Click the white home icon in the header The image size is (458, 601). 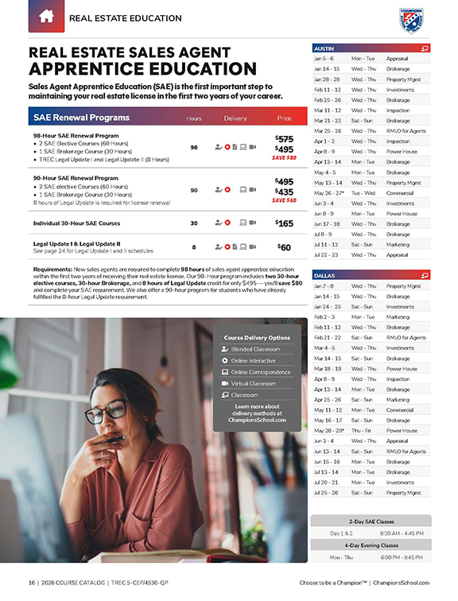click(45, 16)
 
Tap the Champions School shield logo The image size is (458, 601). click(411, 19)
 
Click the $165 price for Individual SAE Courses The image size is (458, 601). click(284, 223)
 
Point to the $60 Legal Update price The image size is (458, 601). click(284, 246)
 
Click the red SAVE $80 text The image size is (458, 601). click(284, 157)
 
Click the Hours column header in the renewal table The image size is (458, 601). click(194, 118)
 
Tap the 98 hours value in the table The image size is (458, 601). click(194, 148)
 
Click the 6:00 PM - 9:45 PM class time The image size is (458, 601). click(402, 557)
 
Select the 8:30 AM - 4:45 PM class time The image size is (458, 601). click(402, 533)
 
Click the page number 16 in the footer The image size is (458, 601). click(32, 584)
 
